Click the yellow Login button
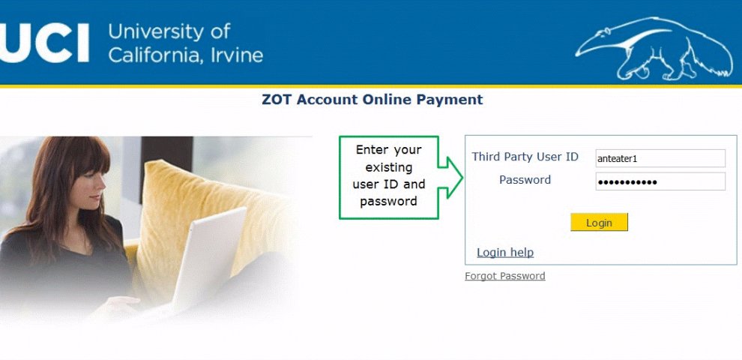pyautogui.click(x=599, y=222)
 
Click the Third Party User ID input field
pyautogui.click(x=660, y=158)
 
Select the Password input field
pyautogui.click(x=660, y=181)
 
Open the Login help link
pyautogui.click(x=505, y=253)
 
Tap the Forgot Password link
pyautogui.click(x=505, y=276)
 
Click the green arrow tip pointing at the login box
pyautogui.click(x=462, y=178)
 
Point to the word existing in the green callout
pyautogui.click(x=388, y=167)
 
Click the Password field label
pyautogui.click(x=525, y=180)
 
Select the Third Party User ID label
pyautogui.click(x=525, y=157)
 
